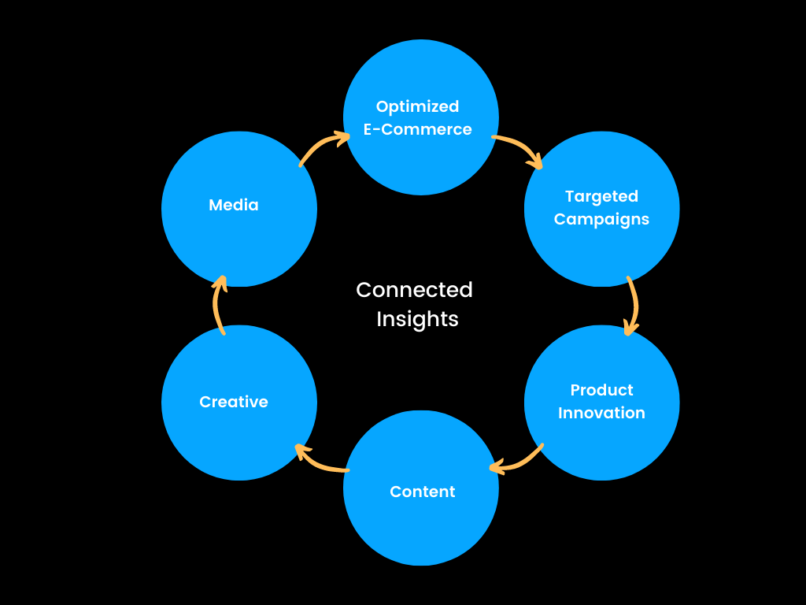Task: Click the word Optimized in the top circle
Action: tap(417, 106)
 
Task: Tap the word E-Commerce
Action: tap(417, 129)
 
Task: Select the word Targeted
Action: tap(601, 196)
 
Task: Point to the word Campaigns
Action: tap(601, 219)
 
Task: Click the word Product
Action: tap(601, 390)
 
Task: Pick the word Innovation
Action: tap(601, 413)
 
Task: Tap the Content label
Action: tap(422, 492)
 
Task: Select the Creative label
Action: tap(233, 402)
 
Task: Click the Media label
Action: tap(233, 205)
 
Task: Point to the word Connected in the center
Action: tap(414, 290)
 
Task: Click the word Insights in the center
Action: tap(417, 319)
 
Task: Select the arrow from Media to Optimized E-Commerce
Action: tap(321, 147)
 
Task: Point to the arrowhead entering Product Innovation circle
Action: tap(629, 329)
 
